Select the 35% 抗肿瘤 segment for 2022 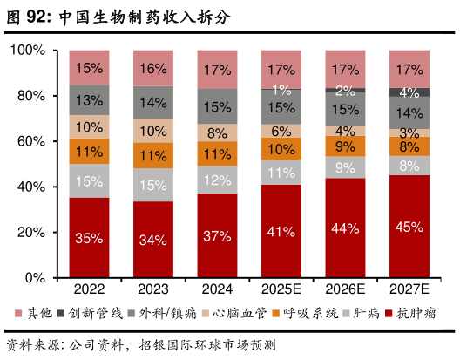click(x=89, y=237)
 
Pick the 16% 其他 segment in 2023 click(x=153, y=69)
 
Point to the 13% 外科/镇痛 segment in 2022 click(x=89, y=100)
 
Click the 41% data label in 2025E click(x=281, y=232)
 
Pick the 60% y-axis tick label click(x=32, y=141)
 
